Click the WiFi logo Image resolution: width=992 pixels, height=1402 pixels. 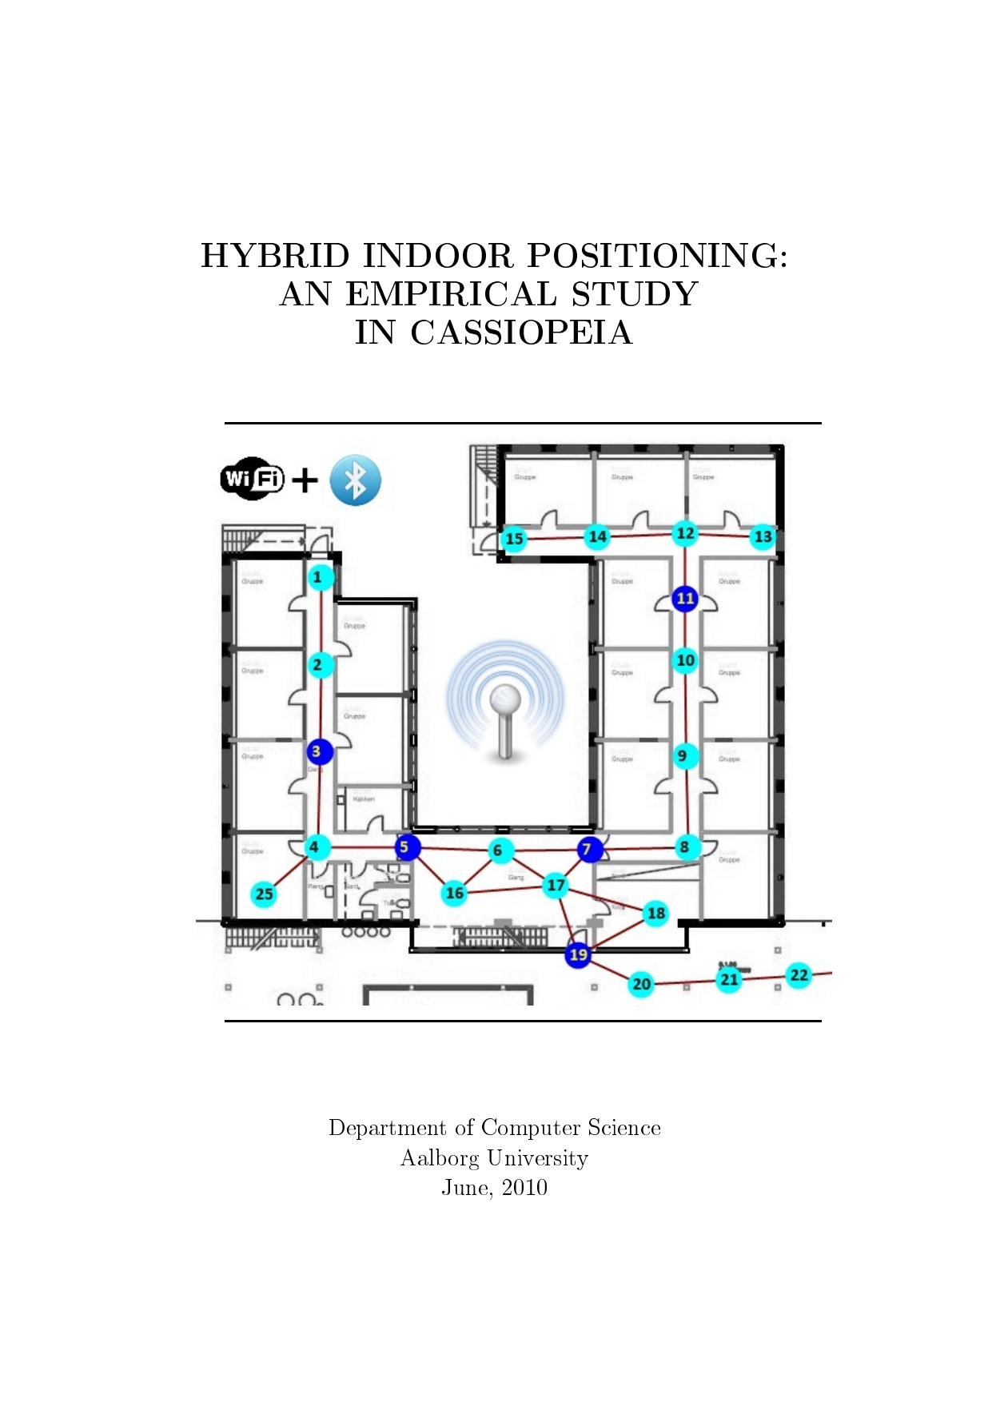tap(252, 479)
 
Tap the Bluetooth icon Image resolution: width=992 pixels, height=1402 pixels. tap(355, 480)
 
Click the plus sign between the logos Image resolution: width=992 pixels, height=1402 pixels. tap(305, 480)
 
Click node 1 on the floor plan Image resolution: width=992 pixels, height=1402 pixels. tap(320, 577)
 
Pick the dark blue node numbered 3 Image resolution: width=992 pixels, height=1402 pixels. tap(319, 751)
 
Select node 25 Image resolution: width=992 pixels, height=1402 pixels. tap(264, 894)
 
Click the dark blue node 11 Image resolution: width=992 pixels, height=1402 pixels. tap(685, 599)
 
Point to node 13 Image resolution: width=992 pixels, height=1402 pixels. tap(763, 536)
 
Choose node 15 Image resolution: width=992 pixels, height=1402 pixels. tap(514, 539)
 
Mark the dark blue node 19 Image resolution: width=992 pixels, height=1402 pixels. tap(578, 954)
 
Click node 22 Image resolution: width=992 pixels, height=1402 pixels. tap(799, 975)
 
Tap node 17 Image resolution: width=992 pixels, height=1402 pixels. tap(556, 885)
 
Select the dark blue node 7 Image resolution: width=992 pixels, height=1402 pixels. tap(588, 849)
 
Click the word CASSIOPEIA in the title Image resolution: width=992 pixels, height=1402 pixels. tap(521, 333)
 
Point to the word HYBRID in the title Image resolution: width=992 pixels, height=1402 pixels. tap(275, 257)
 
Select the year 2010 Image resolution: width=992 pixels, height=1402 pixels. tap(524, 1188)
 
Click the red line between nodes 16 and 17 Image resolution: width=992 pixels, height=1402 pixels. tap(505, 889)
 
